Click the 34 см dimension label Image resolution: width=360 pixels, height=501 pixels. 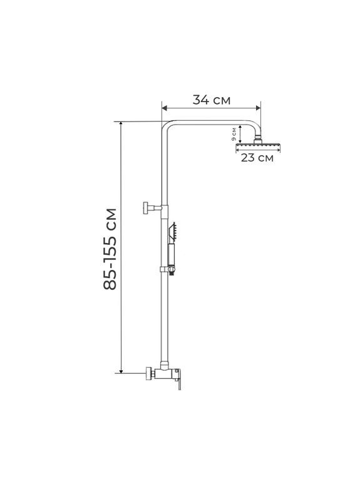211,100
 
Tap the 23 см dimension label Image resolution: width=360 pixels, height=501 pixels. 257,158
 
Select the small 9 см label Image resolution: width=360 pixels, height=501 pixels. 234,134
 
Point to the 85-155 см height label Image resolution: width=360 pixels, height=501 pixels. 110,249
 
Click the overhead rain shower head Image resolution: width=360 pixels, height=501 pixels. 258,147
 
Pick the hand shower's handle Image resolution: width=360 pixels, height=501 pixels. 172,255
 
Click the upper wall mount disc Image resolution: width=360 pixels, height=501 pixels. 146,208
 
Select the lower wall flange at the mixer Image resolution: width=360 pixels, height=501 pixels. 148,373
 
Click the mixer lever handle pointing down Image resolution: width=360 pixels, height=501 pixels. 180,382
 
